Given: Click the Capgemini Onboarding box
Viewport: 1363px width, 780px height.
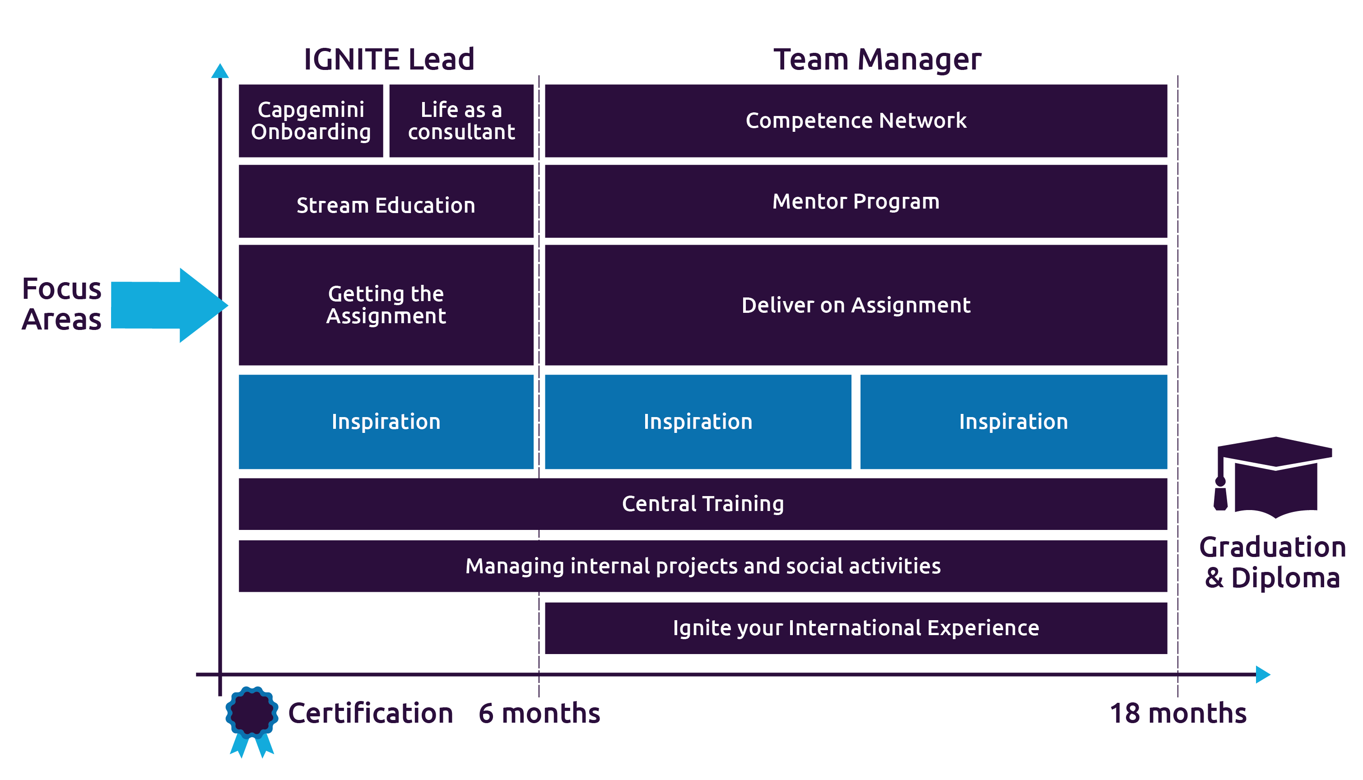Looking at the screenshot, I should [311, 121].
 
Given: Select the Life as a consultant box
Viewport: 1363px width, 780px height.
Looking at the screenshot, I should [461, 121].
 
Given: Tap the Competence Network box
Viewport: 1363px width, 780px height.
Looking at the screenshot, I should [856, 121].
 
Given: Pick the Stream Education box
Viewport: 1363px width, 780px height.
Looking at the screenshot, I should [386, 201].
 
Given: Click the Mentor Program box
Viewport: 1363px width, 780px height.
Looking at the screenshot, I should [856, 201].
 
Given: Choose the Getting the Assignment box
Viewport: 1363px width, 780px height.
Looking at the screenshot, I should [386, 305].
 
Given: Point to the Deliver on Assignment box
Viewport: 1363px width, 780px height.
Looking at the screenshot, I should [856, 305].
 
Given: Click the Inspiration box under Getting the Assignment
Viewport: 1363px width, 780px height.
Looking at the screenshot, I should [386, 422].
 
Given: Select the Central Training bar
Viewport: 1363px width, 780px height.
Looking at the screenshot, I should [702, 504].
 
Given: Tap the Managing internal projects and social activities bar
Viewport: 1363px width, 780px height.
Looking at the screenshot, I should [702, 566].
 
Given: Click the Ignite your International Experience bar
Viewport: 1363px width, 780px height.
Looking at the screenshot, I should [856, 628].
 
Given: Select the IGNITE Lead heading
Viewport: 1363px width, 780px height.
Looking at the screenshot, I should [389, 59].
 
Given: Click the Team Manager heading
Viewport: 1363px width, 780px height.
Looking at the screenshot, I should [877, 59].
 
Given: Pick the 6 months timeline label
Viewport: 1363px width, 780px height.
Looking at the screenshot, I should [539, 713].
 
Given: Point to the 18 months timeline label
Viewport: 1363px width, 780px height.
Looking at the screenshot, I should [1177, 713].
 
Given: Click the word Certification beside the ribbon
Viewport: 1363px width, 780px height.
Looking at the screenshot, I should [370, 713].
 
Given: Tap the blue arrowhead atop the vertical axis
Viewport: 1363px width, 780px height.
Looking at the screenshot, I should [220, 71].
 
